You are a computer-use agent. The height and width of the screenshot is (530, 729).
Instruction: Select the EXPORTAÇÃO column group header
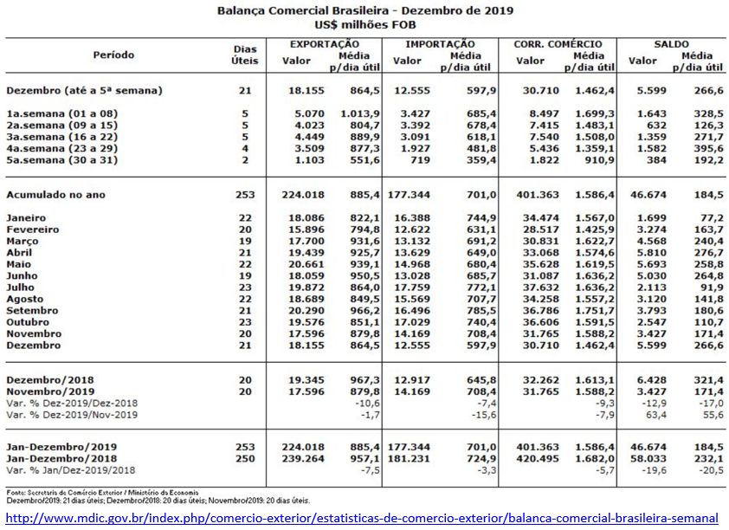click(x=324, y=43)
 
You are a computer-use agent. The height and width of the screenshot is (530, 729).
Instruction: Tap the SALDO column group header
click(x=672, y=43)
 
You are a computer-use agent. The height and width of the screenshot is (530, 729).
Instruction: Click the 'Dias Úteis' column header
click(x=245, y=55)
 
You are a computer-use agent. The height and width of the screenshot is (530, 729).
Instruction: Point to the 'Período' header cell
click(x=113, y=55)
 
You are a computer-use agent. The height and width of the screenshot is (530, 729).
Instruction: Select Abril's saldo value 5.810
click(x=648, y=252)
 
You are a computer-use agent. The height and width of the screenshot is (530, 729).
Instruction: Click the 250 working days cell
click(x=246, y=456)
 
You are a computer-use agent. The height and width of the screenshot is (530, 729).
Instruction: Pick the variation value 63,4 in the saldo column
click(x=651, y=415)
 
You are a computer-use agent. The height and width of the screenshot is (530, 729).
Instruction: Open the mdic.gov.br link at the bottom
click(x=362, y=518)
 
